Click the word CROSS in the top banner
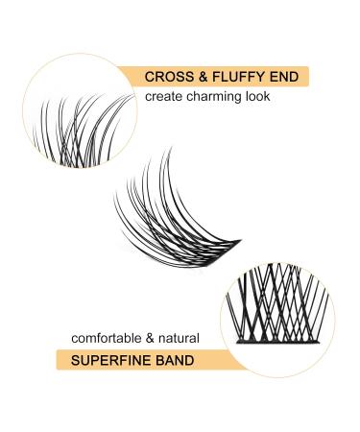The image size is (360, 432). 166,77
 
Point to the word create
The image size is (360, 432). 163,97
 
